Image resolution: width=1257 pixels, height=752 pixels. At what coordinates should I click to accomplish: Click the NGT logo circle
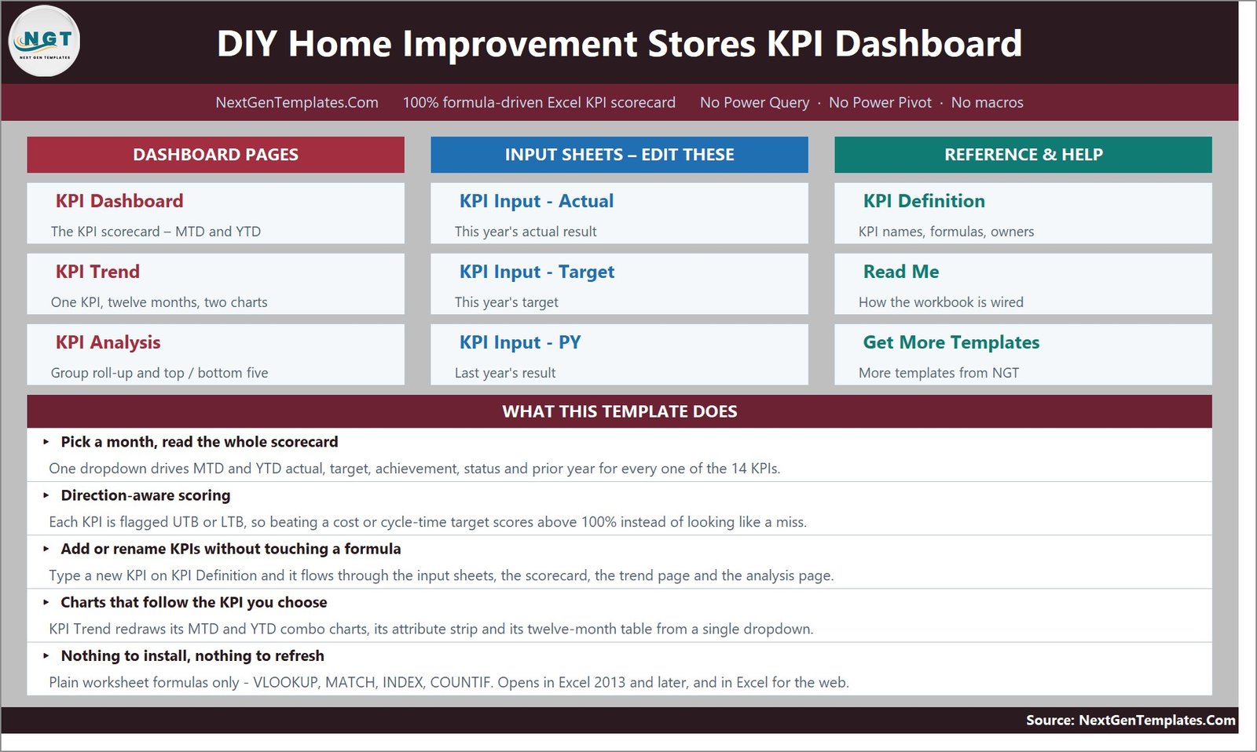(x=44, y=41)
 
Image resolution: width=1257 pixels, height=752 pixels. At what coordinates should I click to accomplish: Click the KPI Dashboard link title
(x=119, y=201)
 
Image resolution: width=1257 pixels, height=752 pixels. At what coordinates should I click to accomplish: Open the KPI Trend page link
(x=97, y=272)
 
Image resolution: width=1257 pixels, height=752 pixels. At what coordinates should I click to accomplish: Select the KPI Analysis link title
(x=108, y=342)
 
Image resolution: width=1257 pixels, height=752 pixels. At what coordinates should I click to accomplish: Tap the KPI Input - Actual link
(x=537, y=201)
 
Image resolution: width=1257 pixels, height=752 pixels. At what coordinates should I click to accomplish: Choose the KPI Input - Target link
(x=537, y=272)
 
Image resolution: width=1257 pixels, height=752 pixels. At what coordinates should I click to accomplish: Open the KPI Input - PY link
(x=519, y=342)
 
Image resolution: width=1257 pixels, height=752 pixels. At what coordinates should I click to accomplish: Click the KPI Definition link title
(x=924, y=201)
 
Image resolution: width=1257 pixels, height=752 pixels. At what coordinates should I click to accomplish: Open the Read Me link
(x=900, y=272)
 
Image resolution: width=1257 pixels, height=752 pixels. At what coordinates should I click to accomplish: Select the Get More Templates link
(x=951, y=342)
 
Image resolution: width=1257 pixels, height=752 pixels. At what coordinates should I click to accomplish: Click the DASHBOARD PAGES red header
(x=215, y=155)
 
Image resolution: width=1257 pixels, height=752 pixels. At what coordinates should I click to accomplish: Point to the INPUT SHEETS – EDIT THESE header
(x=619, y=155)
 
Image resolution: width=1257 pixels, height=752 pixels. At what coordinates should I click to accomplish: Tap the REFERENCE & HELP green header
(x=1023, y=155)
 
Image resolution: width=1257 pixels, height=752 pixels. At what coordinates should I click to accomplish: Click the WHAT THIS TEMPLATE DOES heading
(x=620, y=411)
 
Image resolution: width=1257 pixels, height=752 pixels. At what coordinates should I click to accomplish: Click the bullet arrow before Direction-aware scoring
(x=46, y=495)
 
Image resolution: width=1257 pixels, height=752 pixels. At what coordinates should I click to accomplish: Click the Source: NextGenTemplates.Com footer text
(x=1131, y=720)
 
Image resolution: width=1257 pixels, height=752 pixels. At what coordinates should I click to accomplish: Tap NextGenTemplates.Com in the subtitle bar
(x=297, y=103)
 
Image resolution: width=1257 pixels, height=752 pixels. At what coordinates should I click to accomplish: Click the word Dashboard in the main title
(x=928, y=44)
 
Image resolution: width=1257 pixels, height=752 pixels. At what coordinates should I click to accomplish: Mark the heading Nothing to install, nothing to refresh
(x=192, y=655)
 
